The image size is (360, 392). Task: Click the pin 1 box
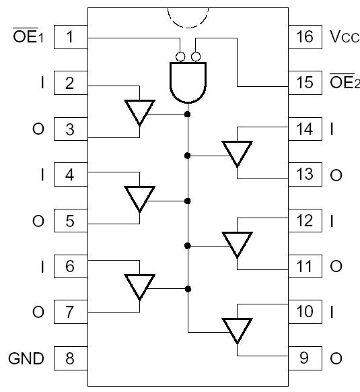71,36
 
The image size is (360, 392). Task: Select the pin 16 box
305,36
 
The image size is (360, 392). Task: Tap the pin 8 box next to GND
71,358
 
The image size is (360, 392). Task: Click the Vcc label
344,37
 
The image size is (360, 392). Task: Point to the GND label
26,358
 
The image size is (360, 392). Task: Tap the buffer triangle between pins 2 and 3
140,112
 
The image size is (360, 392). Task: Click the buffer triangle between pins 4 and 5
140,199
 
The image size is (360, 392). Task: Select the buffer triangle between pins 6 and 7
140,286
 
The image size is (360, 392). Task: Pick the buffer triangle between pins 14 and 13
238,154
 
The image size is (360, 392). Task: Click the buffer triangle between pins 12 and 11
238,244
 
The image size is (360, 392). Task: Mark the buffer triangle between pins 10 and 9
238,330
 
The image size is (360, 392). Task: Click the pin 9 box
305,358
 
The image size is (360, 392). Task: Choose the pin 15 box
305,83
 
